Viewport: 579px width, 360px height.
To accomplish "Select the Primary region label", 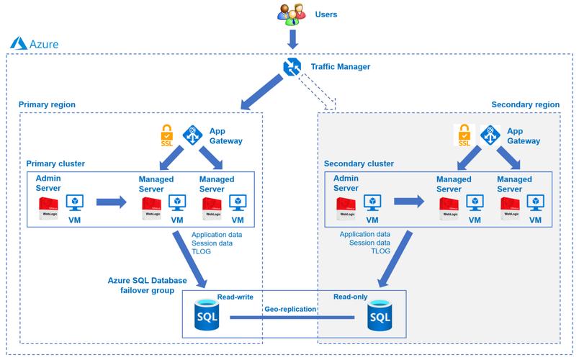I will [47, 104].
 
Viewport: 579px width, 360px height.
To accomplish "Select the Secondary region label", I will [525, 104].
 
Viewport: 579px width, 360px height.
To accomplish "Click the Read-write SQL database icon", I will [207, 314].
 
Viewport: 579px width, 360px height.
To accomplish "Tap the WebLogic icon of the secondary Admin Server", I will [346, 206].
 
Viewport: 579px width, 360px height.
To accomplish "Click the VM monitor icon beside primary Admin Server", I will [74, 202].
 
